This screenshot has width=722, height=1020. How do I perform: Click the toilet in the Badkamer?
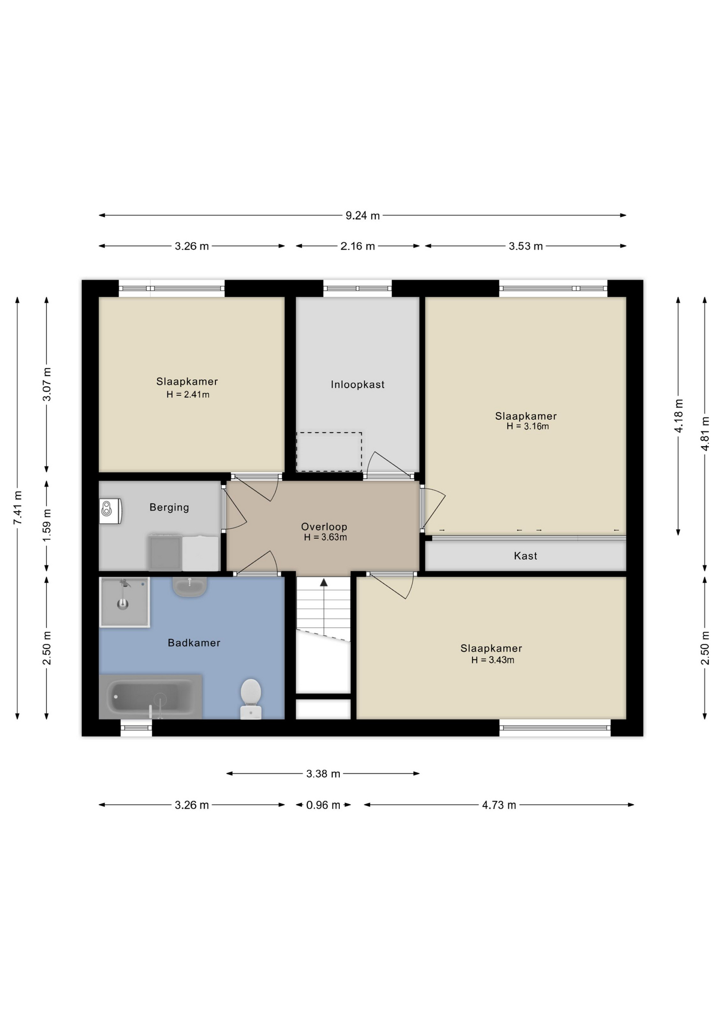(250, 699)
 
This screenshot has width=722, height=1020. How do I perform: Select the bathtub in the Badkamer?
(150, 696)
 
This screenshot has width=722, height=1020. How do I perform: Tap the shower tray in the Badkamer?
(124, 602)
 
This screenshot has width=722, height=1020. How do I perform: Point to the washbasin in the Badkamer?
(189, 586)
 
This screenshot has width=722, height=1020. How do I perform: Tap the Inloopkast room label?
(358, 385)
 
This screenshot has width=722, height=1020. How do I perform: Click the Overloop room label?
(324, 526)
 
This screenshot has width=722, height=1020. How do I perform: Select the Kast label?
(525, 556)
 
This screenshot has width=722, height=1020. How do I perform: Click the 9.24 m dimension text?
(363, 215)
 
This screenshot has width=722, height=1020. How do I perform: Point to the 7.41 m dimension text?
(18, 508)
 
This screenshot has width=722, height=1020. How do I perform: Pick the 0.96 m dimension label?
(323, 805)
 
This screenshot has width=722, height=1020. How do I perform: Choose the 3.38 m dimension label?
(323, 773)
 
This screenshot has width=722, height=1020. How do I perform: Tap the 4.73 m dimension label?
(499, 805)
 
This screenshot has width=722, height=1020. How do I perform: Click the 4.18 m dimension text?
(679, 415)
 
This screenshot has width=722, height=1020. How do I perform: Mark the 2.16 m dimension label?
(358, 246)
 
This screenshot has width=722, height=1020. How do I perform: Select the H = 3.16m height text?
(527, 426)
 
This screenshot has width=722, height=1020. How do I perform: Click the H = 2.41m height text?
(188, 395)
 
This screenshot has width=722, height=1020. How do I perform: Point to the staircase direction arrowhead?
(323, 583)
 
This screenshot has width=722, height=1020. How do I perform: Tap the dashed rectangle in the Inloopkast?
(329, 452)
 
